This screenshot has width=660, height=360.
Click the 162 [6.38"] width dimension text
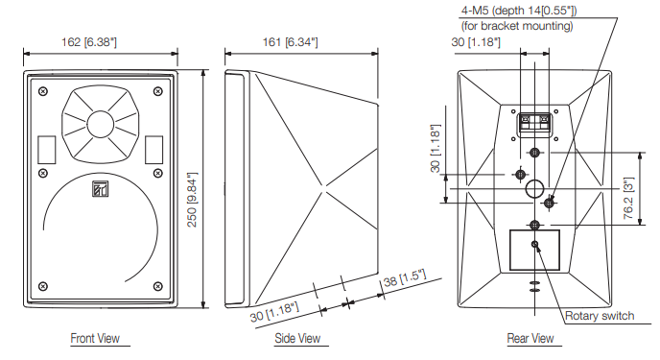[89, 42]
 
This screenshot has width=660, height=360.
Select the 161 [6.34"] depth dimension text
[290, 42]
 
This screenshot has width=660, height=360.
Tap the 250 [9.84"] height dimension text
[192, 200]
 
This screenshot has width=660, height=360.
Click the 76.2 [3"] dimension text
[629, 198]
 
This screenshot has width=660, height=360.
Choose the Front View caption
[95, 338]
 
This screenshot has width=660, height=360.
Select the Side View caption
[297, 338]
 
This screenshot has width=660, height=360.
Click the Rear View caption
[530, 338]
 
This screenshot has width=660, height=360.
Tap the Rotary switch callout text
[600, 316]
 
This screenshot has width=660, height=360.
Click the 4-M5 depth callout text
[519, 11]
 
